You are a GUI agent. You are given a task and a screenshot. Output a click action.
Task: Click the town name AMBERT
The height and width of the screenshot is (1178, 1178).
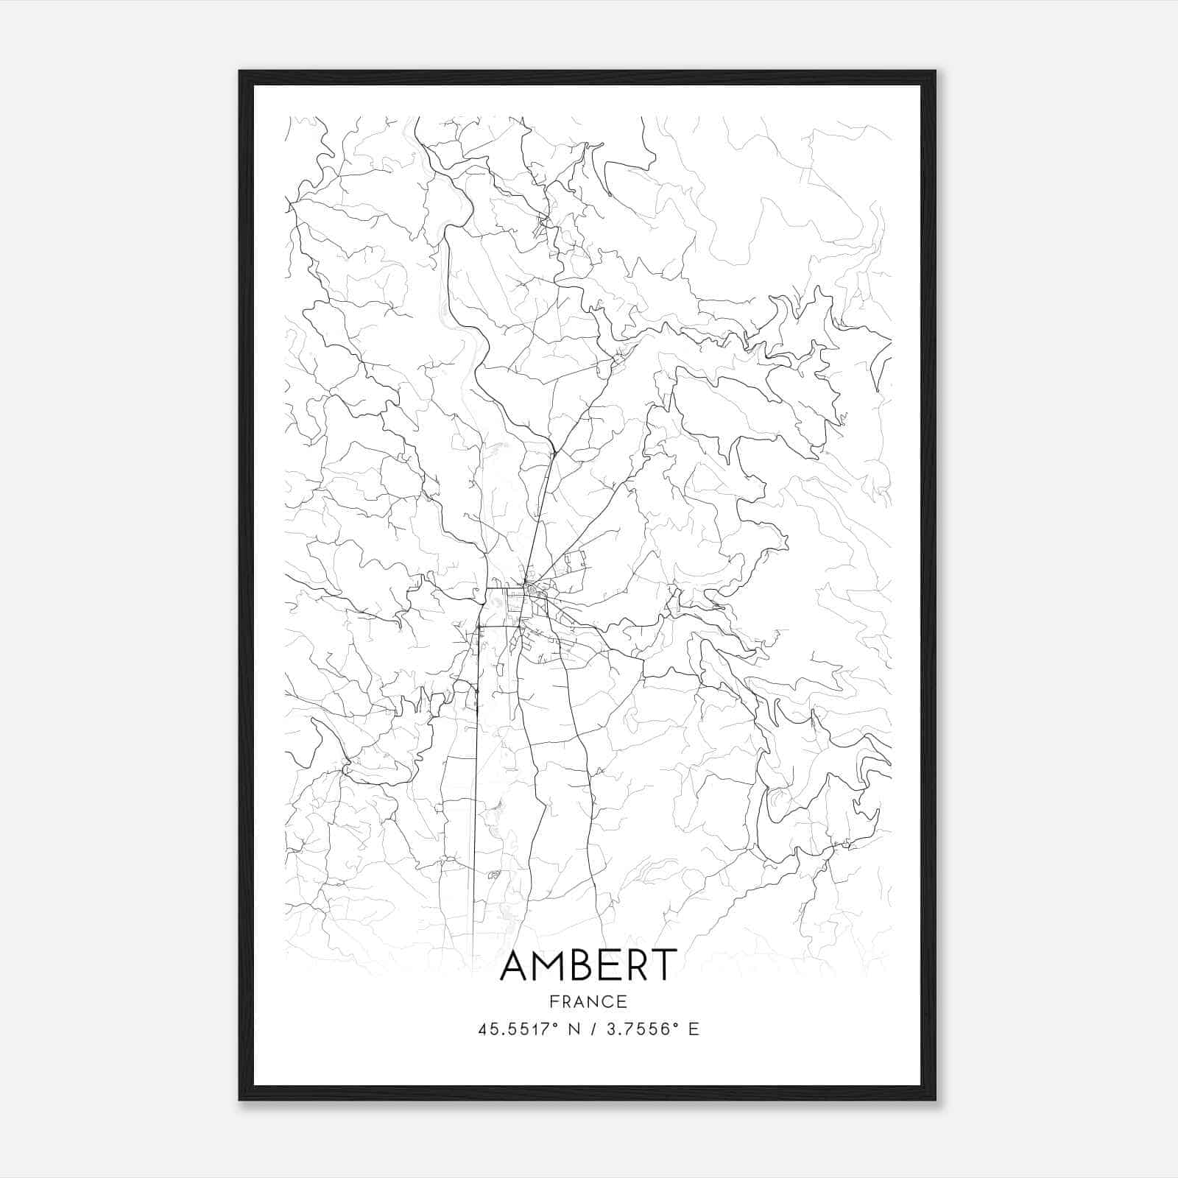pos(588,965)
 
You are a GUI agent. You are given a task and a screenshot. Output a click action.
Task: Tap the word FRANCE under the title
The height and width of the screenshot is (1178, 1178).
pos(588,1002)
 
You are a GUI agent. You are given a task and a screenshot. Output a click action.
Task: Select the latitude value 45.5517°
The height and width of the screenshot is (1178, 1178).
pos(520,1029)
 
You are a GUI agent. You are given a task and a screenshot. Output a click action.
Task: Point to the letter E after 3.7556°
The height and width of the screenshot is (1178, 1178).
pos(694,1029)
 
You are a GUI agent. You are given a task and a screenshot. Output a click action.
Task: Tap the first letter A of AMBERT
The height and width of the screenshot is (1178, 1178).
pos(516,965)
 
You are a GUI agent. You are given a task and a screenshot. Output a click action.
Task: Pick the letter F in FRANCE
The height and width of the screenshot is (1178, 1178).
pos(553,1002)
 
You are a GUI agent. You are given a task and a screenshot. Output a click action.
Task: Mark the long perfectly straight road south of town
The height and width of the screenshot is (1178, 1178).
pos(475,773)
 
